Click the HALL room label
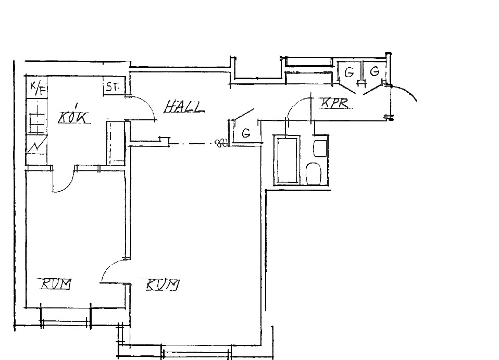184,107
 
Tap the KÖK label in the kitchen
73,117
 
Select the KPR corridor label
334,103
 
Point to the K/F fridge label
38,88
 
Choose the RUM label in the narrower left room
55,283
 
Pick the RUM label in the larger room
163,284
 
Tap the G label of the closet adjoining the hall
246,133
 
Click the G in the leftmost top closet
349,72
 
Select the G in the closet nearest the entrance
375,71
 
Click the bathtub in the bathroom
287,160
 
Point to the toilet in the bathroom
314,174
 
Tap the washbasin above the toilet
320,148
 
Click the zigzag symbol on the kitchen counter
37,145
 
